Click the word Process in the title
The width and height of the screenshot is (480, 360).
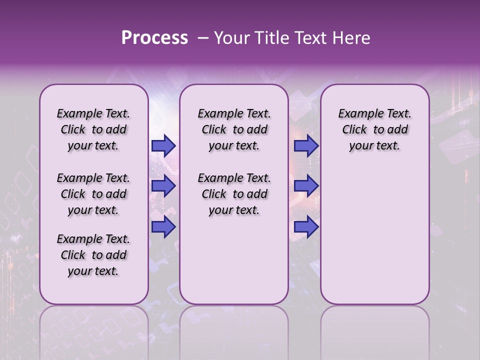point(154,38)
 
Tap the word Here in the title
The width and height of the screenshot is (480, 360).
point(352,38)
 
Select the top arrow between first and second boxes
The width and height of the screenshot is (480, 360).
point(163,145)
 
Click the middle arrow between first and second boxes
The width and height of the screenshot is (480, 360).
point(163,186)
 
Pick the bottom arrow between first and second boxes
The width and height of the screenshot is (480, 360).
point(163,227)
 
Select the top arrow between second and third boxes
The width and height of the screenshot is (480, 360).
point(306,145)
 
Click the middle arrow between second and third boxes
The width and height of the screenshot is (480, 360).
point(306,186)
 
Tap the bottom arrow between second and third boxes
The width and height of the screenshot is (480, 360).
point(306,227)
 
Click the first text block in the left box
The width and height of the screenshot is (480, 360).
point(93,129)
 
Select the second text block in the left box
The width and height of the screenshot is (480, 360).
point(93,194)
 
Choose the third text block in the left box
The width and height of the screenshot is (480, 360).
point(93,255)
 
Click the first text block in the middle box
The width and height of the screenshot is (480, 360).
point(234,129)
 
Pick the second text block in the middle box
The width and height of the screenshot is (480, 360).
point(234,194)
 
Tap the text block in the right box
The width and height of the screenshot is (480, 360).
point(374,129)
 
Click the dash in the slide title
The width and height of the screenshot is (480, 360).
point(202,38)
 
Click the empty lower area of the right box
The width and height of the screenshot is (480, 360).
point(374,240)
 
